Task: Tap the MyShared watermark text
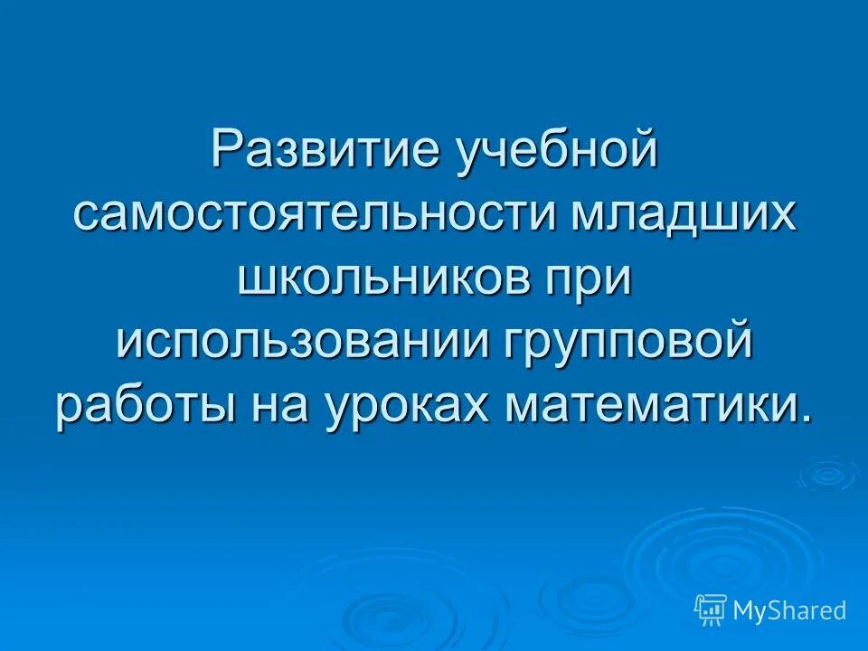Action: (788, 610)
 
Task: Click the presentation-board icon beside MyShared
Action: (711, 610)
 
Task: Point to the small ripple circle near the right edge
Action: (826, 473)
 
